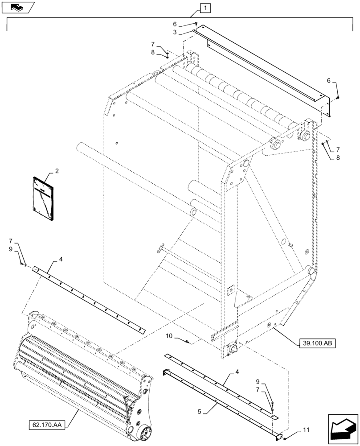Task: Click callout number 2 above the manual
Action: [x=57, y=171]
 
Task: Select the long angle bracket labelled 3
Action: [x=263, y=67]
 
